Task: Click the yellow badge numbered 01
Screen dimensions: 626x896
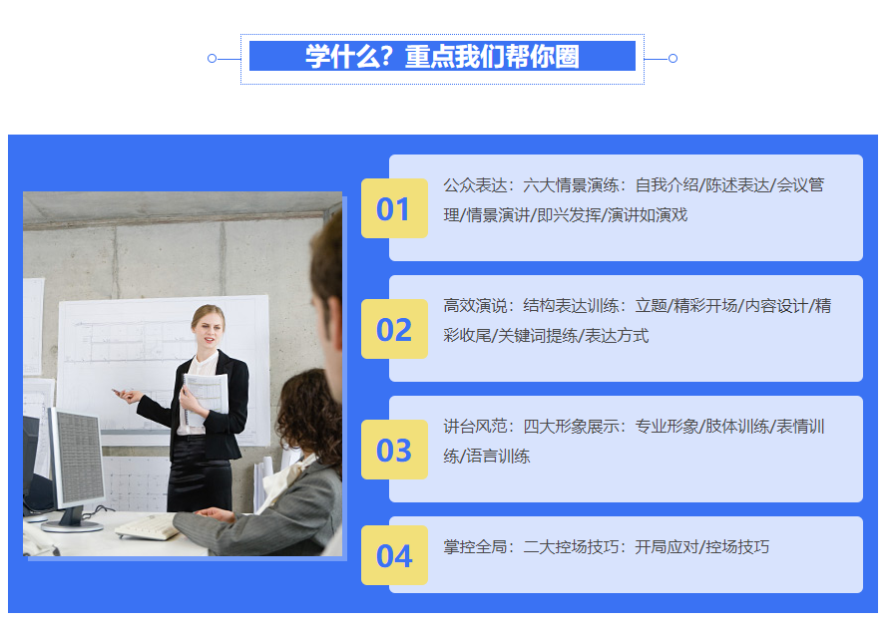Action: click(394, 208)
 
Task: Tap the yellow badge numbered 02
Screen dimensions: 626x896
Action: click(394, 329)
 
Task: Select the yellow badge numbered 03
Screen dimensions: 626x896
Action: click(394, 450)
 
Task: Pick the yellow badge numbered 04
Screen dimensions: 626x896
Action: click(394, 555)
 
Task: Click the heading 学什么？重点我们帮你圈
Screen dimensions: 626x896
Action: click(442, 57)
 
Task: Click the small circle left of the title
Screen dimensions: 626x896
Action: click(212, 59)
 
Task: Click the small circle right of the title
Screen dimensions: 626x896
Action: click(672, 59)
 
